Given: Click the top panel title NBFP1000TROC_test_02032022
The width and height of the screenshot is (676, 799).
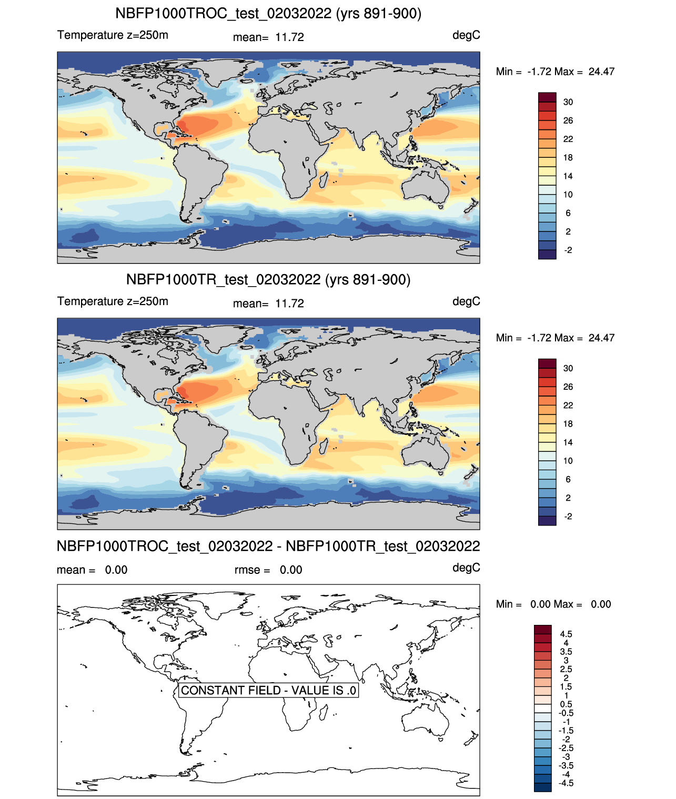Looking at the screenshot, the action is [223, 14].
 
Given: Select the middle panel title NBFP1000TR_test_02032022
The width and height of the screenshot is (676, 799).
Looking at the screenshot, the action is [223, 279].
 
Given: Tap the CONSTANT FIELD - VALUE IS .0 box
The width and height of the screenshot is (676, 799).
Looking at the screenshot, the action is [268, 690].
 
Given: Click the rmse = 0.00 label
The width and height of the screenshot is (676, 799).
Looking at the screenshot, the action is [268, 570].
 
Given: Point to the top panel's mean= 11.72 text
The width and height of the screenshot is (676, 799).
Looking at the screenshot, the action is [268, 37].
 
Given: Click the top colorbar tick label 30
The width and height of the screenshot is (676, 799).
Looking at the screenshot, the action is [568, 102].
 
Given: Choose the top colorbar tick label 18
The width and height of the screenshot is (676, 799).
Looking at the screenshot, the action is [568, 158].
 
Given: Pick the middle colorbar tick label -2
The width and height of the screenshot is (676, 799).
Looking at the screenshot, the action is [568, 517].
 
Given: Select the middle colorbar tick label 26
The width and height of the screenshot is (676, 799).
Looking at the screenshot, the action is [568, 387].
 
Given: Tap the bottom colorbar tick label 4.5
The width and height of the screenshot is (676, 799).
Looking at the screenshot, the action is [566, 634].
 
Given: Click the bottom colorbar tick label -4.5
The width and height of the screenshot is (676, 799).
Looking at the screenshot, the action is [566, 784].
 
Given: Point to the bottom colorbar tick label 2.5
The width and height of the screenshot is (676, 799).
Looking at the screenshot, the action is [566, 669].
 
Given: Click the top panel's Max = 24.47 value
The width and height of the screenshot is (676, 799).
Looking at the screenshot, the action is [584, 72].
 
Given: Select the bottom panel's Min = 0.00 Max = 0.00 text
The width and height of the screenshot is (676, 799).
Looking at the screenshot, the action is [553, 604].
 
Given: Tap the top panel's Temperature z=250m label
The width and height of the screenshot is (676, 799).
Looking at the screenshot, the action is [113, 35].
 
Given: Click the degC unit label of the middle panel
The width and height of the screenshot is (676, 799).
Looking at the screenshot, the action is [466, 301].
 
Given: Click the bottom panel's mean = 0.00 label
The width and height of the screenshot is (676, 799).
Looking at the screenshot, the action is [92, 570].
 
